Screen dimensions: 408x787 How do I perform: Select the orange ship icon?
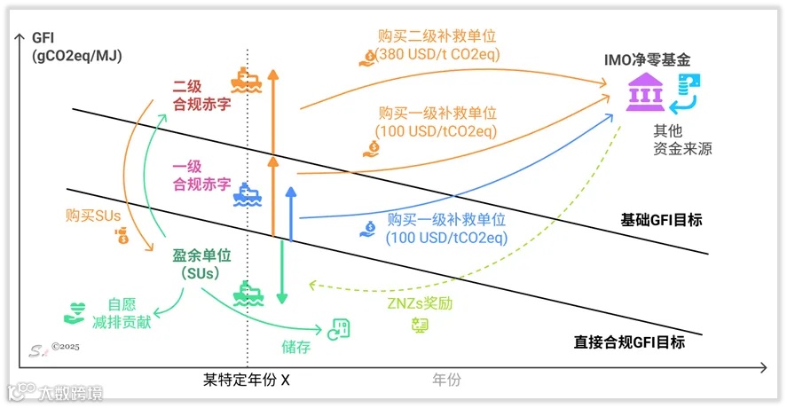244,81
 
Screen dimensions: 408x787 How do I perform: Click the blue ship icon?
245,193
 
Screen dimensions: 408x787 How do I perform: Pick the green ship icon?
246,294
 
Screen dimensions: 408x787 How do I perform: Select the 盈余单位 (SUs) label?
201,263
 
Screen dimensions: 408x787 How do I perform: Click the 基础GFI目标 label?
664,217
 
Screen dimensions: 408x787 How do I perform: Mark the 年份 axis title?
446,380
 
